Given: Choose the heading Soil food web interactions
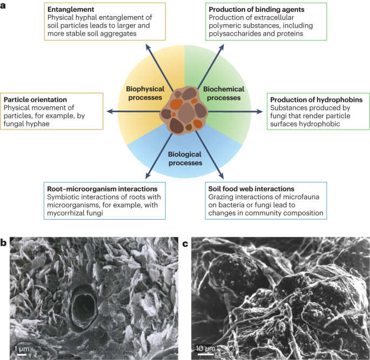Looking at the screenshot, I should [252, 189].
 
